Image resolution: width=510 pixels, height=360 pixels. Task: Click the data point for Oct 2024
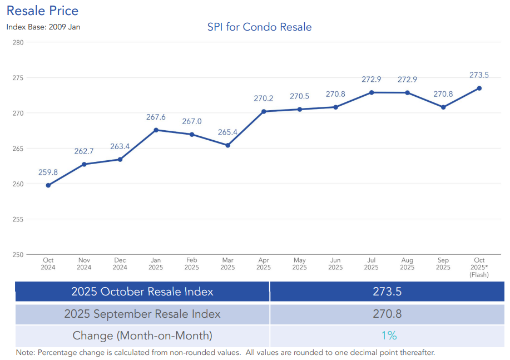[48, 185]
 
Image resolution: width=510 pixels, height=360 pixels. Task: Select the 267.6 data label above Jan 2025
[156, 117]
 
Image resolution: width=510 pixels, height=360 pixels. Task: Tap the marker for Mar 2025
[227, 145]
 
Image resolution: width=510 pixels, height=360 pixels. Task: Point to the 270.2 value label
[264, 98]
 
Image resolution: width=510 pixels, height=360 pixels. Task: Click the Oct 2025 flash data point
[479, 88]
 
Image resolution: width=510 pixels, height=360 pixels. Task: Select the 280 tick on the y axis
[17, 42]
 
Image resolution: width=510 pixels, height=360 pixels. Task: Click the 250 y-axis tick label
[17, 255]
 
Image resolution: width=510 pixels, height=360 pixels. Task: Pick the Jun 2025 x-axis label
[335, 264]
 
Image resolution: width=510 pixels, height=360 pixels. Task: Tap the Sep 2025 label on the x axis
[443, 264]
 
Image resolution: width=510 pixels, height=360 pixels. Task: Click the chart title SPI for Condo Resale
[259, 27]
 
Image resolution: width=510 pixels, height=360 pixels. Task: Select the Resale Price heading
[42, 11]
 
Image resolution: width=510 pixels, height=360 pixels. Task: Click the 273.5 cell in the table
[387, 292]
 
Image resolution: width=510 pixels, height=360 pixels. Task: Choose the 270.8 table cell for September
[387, 314]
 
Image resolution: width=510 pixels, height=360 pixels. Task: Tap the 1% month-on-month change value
[387, 336]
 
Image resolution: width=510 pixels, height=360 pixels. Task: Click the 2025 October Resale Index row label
[142, 292]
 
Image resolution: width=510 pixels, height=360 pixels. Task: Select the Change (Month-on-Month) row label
[142, 336]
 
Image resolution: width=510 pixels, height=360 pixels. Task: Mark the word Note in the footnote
[25, 353]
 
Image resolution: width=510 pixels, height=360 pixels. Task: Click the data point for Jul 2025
[372, 92]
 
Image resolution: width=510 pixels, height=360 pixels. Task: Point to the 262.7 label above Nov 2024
[84, 151]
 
